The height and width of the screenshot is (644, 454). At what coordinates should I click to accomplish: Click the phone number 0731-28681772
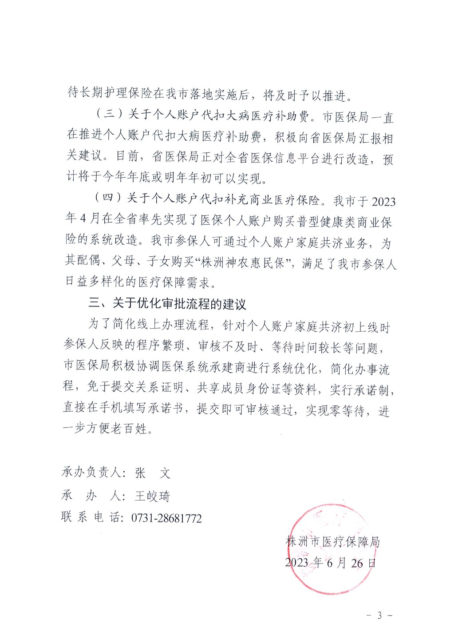pos(166,518)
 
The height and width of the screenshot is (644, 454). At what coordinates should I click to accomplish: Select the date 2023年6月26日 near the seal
pos(330,563)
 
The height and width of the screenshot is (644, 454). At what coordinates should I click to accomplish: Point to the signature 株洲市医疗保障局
pos(333,541)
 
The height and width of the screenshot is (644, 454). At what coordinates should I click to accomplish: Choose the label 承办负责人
pos(91,473)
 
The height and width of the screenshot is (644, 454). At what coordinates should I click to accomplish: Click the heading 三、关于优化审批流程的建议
pos(167,304)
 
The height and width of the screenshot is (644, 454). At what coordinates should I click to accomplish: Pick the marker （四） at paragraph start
pos(108,198)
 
